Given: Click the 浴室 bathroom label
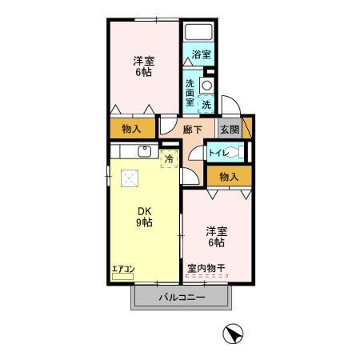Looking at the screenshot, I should (x=202, y=55).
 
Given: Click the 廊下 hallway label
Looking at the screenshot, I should (x=192, y=129).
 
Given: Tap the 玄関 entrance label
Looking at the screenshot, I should (x=229, y=129).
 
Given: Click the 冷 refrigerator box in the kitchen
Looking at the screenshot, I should (x=169, y=158).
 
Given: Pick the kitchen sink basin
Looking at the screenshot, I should (x=145, y=150).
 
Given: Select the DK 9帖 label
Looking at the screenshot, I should (x=143, y=217).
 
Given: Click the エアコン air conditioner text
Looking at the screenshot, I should (x=122, y=269).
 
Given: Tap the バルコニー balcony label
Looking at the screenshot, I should (x=181, y=297).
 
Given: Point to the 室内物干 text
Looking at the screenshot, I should (x=206, y=269).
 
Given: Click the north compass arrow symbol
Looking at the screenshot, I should (x=232, y=334).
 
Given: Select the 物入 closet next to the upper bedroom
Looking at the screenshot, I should (x=133, y=128).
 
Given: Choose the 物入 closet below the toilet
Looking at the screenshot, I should (x=229, y=176).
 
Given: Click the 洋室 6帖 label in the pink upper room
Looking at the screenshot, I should (x=143, y=65).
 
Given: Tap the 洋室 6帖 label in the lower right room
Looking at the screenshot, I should (x=212, y=236).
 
